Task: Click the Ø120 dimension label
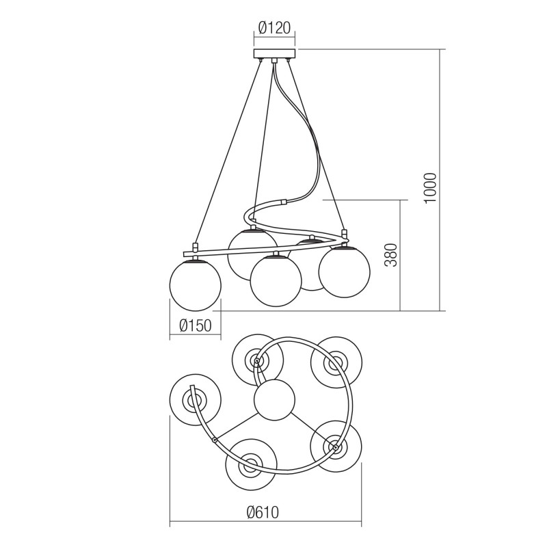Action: point(274,28)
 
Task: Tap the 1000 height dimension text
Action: point(430,188)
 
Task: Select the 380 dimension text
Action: point(391,255)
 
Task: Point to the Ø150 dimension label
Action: point(196,325)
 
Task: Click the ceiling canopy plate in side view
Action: point(275,54)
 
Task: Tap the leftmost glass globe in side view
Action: point(196,285)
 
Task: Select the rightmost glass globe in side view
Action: point(345,271)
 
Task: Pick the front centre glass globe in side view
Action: point(276,281)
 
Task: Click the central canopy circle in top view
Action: point(275,399)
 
